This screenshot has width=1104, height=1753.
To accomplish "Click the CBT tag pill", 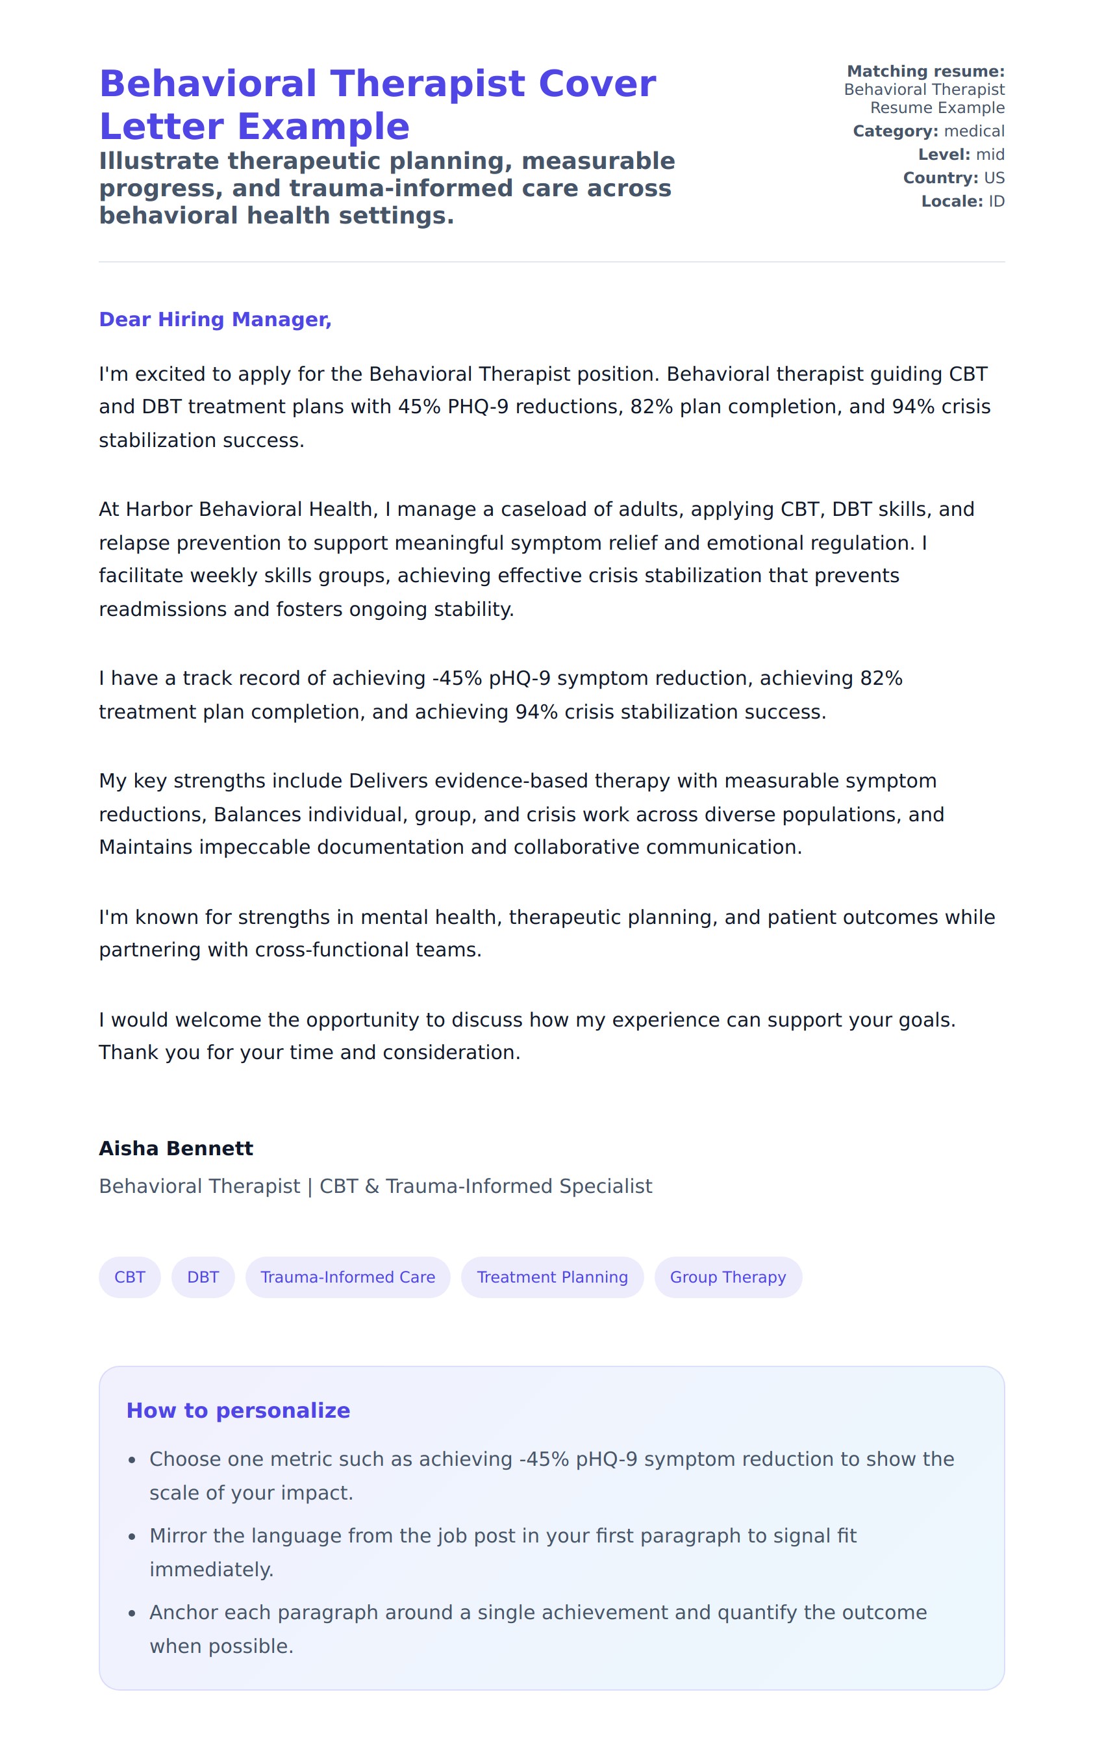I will tap(129, 1277).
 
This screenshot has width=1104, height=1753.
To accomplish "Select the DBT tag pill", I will tap(203, 1277).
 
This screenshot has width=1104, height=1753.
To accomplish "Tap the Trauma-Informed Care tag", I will tap(348, 1277).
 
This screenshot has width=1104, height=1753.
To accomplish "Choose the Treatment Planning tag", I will tap(553, 1277).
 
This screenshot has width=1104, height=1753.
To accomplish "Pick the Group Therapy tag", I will tap(728, 1277).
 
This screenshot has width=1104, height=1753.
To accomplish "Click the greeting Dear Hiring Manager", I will tap(216, 320).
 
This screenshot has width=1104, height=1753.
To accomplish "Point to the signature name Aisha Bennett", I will tap(176, 1149).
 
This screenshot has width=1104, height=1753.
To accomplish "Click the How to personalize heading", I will tap(238, 1411).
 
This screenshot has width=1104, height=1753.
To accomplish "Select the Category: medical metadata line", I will tap(929, 131).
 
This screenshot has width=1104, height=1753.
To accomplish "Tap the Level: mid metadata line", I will tap(960, 155).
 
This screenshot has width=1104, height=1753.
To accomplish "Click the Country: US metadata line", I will tap(953, 177).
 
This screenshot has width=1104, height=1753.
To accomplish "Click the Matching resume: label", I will tap(925, 71).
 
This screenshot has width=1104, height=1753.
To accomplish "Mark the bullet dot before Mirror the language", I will tap(132, 1537).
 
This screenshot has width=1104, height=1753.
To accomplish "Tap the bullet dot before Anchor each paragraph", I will tap(132, 1614).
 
